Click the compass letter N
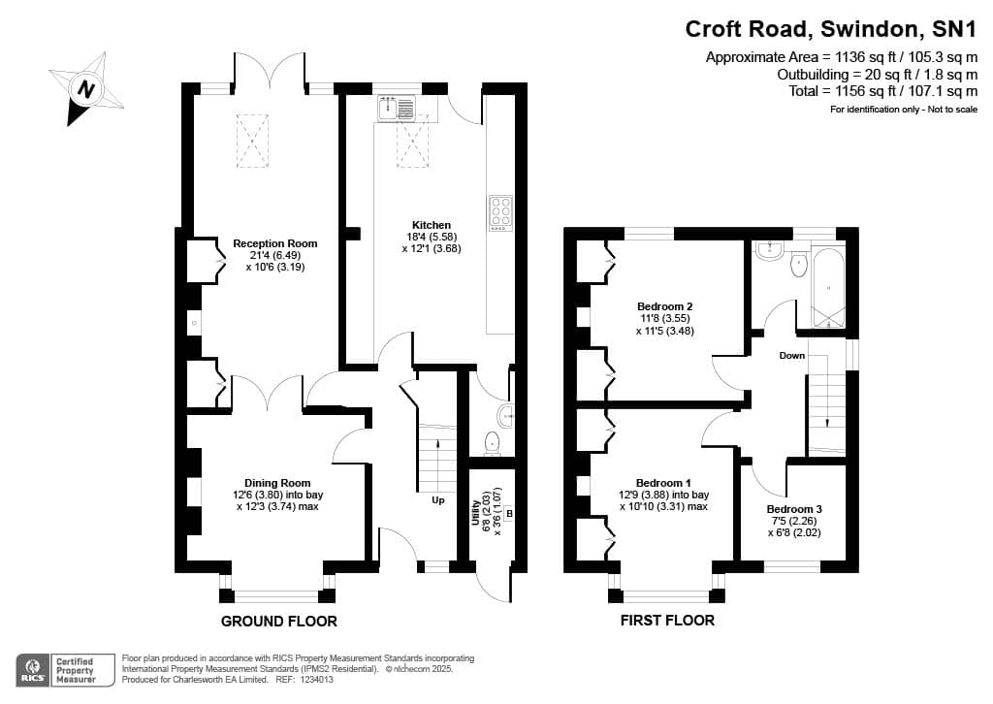pyautogui.click(x=86, y=89)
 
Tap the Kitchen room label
pyautogui.click(x=432, y=225)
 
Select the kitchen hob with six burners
pyautogui.click(x=500, y=213)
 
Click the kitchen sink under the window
pyautogui.click(x=396, y=109)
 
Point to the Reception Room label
pyautogui.click(x=274, y=243)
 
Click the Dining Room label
pyautogui.click(x=277, y=482)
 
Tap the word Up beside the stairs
pyautogui.click(x=438, y=500)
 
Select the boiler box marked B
pyautogui.click(x=509, y=513)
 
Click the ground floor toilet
pyautogui.click(x=492, y=443)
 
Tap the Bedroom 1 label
pyautogui.click(x=663, y=482)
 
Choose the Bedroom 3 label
pyautogui.click(x=794, y=509)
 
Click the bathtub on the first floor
pyautogui.click(x=828, y=289)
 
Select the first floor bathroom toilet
pyautogui.click(x=799, y=264)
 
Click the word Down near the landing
pyautogui.click(x=791, y=356)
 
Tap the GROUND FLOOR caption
pyautogui.click(x=278, y=622)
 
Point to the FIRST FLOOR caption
pyautogui.click(x=667, y=621)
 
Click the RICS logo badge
pyautogui.click(x=65, y=670)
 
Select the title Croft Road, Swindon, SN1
pyautogui.click(x=831, y=29)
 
